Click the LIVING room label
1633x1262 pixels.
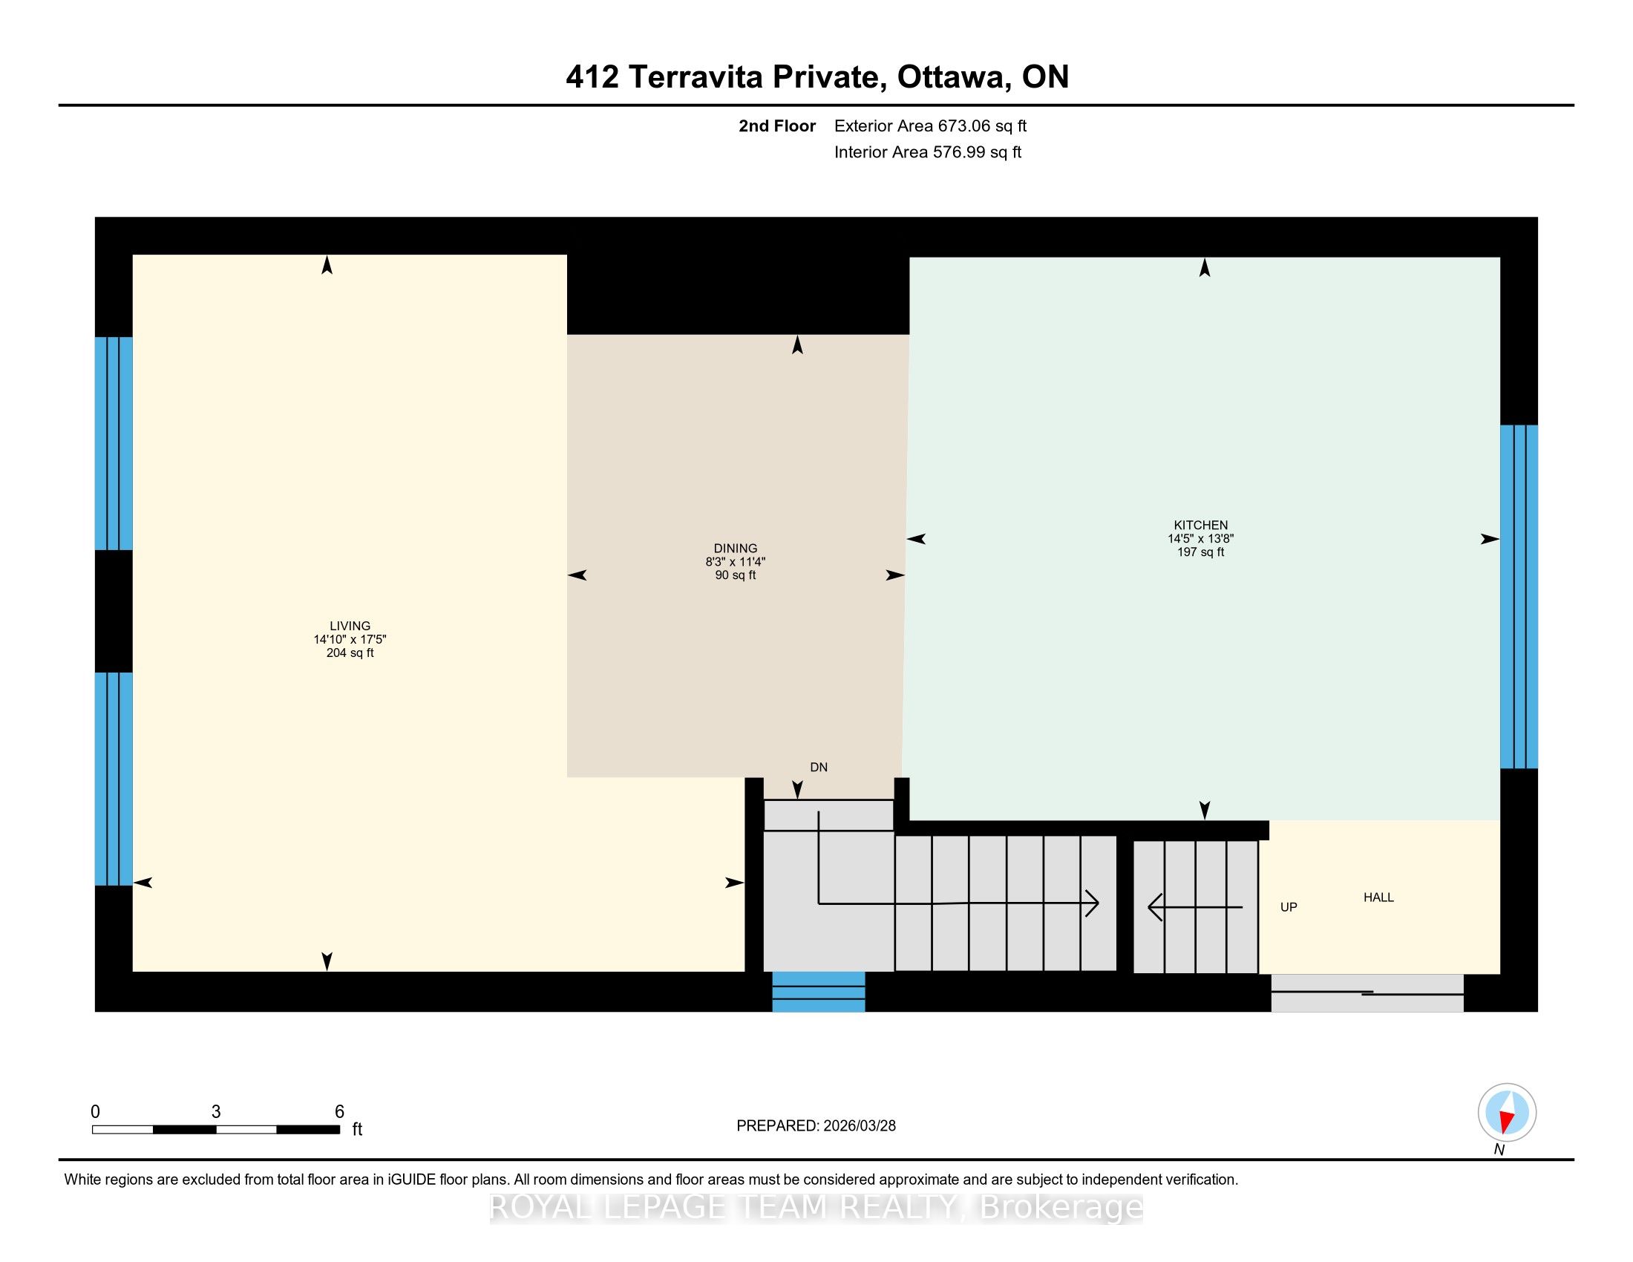350,626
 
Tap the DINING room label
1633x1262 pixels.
736,548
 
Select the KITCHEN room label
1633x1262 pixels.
1201,525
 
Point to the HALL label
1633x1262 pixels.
1379,898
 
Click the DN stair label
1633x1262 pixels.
819,767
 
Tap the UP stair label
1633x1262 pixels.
1289,907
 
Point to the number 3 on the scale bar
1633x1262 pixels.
216,1112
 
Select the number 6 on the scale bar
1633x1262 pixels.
339,1112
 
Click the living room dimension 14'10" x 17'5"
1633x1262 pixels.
350,639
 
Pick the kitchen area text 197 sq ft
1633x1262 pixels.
1201,552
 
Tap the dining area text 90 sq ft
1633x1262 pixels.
736,575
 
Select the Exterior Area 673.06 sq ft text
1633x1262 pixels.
931,125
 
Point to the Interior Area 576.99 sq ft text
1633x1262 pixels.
928,151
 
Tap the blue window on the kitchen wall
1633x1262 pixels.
1519,597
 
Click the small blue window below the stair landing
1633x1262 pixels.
819,991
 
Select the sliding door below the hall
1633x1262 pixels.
1367,993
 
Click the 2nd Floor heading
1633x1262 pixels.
777,125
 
